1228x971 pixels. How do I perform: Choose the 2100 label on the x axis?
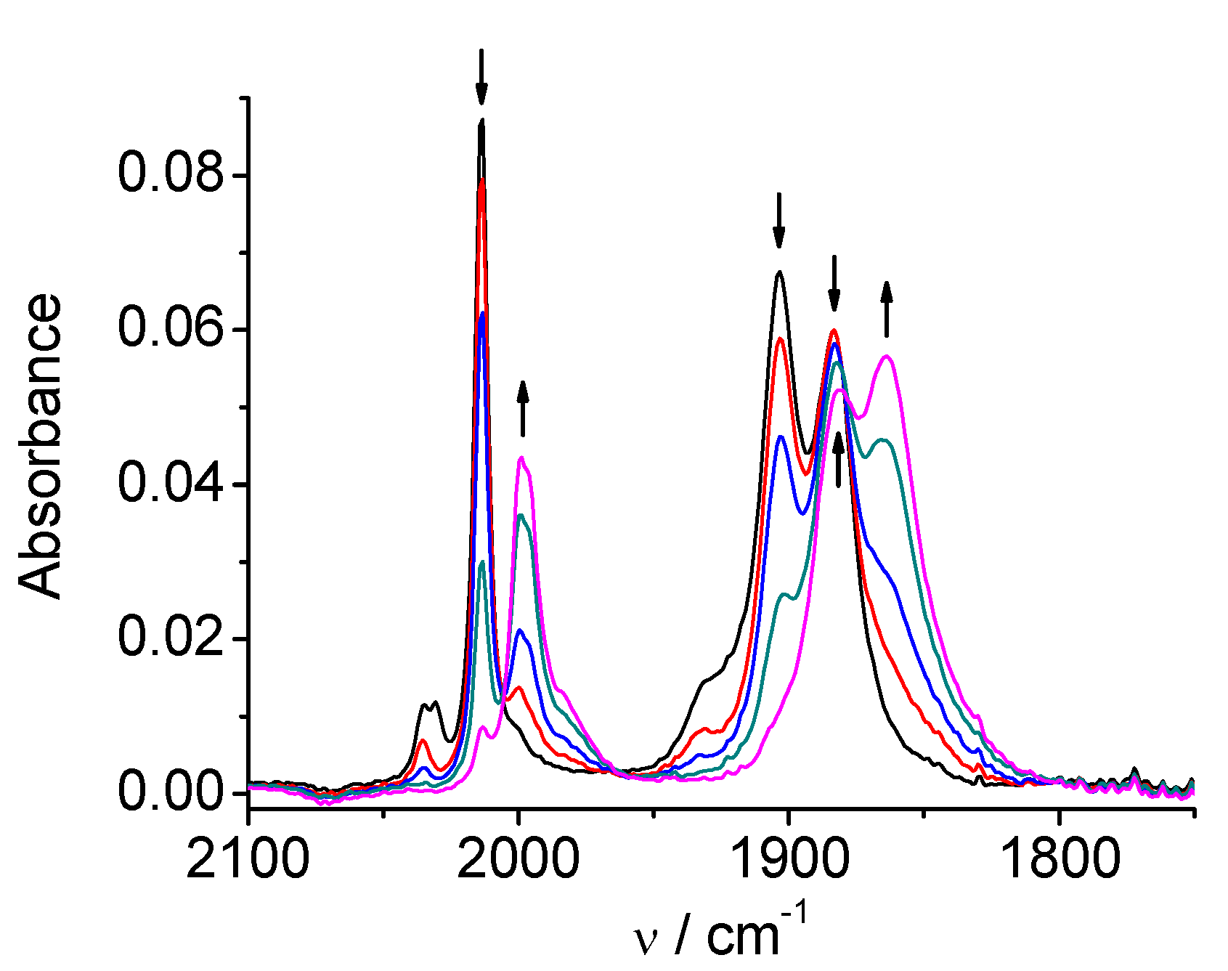tap(248, 860)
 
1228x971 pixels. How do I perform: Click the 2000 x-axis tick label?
tap(518, 860)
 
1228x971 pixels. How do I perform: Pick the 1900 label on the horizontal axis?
tap(788, 860)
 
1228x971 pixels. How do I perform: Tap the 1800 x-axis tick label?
tap(1058, 860)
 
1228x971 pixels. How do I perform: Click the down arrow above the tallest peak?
tap(481, 77)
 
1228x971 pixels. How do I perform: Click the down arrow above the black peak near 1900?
tap(779, 221)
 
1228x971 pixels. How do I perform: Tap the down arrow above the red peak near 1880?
tap(834, 283)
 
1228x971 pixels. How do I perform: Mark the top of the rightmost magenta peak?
tap(887, 357)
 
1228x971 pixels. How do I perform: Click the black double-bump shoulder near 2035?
tap(429, 704)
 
